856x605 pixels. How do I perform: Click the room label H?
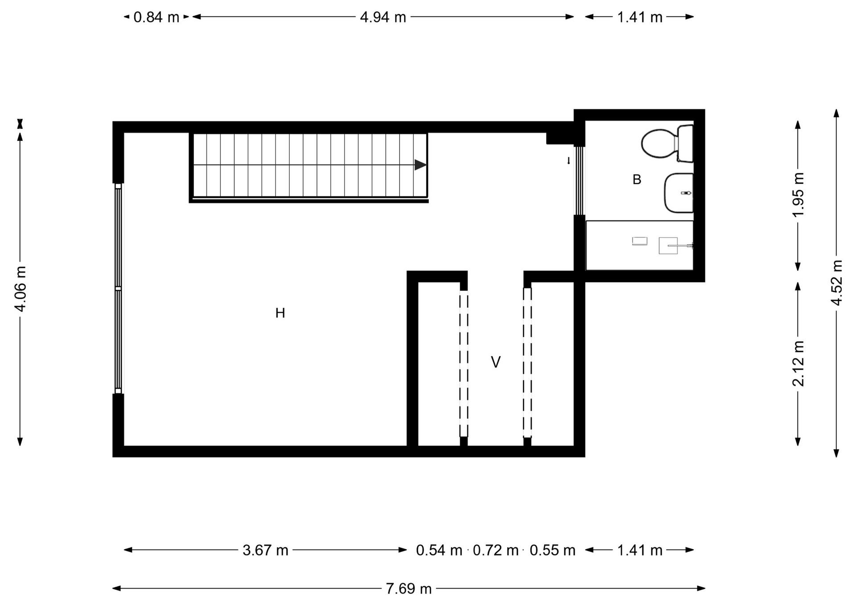click(x=280, y=313)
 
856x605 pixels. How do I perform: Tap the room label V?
click(x=495, y=362)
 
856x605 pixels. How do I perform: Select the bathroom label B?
click(x=637, y=180)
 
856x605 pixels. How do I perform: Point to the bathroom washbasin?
click(x=679, y=193)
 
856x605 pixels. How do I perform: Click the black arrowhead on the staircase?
click(x=420, y=165)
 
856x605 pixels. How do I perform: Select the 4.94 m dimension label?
click(x=383, y=17)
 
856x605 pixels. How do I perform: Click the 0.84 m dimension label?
click(x=156, y=17)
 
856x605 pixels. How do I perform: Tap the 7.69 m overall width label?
click(x=408, y=589)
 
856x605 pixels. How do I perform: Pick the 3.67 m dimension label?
click(x=265, y=550)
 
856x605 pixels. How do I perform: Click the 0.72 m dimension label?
click(x=495, y=550)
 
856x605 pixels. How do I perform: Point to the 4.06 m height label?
click(x=21, y=289)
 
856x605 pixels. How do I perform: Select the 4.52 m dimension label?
click(x=837, y=283)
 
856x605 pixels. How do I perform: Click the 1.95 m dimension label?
click(x=798, y=195)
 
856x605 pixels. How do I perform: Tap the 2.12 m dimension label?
click(x=798, y=364)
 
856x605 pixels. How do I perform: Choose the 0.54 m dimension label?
click(x=439, y=550)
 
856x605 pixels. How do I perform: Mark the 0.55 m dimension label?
click(x=552, y=550)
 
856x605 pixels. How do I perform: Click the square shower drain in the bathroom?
click(x=668, y=245)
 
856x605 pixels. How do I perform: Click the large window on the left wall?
click(x=118, y=289)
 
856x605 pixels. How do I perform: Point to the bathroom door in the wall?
click(x=579, y=180)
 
